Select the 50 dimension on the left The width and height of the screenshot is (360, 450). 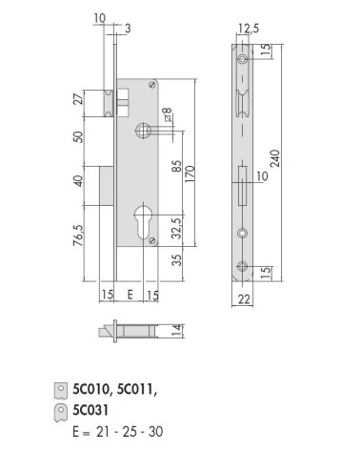pos(79,136)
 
